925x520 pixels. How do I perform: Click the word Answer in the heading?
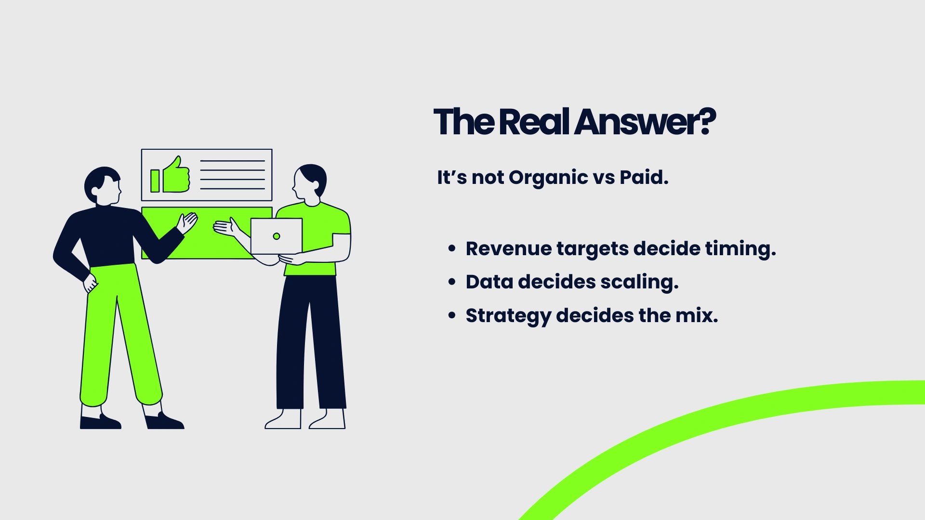pyautogui.click(x=636, y=121)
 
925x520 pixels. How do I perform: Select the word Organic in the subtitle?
pyautogui.click(x=549, y=178)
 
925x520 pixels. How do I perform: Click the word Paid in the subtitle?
pyautogui.click(x=644, y=177)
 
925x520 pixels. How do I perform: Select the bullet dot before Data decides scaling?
pyautogui.click(x=451, y=282)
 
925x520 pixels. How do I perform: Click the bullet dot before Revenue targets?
pyautogui.click(x=451, y=248)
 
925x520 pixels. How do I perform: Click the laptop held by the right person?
pyautogui.click(x=277, y=236)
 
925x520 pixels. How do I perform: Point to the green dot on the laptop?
pyautogui.click(x=277, y=236)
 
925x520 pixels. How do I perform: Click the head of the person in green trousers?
pyautogui.click(x=103, y=186)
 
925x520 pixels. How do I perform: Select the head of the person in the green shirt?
pyautogui.click(x=310, y=182)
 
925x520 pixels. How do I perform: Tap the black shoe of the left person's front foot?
pyautogui.click(x=164, y=421)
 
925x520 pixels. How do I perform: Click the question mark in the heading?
pyautogui.click(x=707, y=121)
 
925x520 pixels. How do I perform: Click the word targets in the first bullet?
pyautogui.click(x=593, y=250)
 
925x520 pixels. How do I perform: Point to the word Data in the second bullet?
pyautogui.click(x=489, y=282)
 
